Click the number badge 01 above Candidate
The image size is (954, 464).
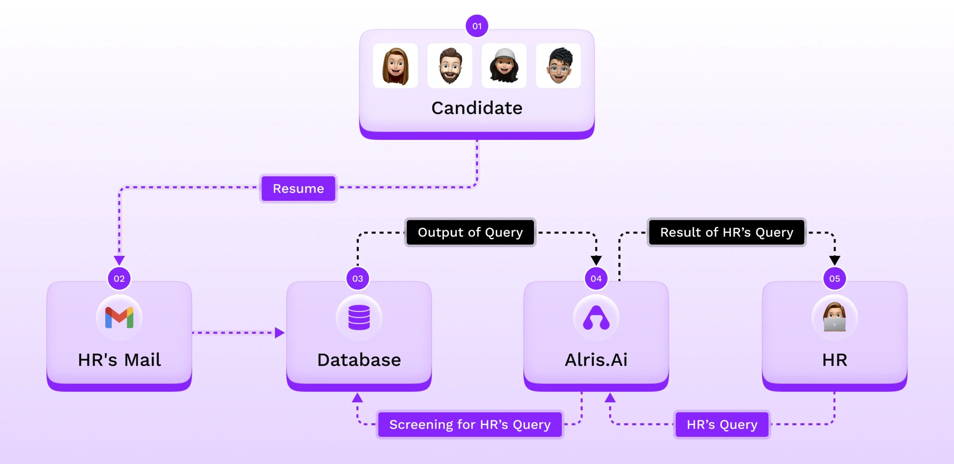477,26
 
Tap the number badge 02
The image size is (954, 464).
119,278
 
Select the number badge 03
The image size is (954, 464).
358,278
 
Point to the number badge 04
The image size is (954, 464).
596,278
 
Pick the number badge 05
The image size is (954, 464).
834,278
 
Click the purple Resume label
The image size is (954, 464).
298,188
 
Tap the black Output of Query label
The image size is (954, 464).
470,232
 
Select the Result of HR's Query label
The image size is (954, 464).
727,232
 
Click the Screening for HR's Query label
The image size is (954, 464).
470,424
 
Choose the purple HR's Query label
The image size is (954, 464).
722,424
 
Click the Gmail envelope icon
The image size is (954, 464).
119,317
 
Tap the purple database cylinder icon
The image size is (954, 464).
359,317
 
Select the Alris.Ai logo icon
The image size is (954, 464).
596,317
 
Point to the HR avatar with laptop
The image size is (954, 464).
834,317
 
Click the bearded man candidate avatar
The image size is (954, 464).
450,66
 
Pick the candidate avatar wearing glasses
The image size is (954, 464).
558,66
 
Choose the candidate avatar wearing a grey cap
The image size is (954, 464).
504,66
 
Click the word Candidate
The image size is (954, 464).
477,108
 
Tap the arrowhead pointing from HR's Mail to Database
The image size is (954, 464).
279,332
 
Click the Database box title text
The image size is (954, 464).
359,360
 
